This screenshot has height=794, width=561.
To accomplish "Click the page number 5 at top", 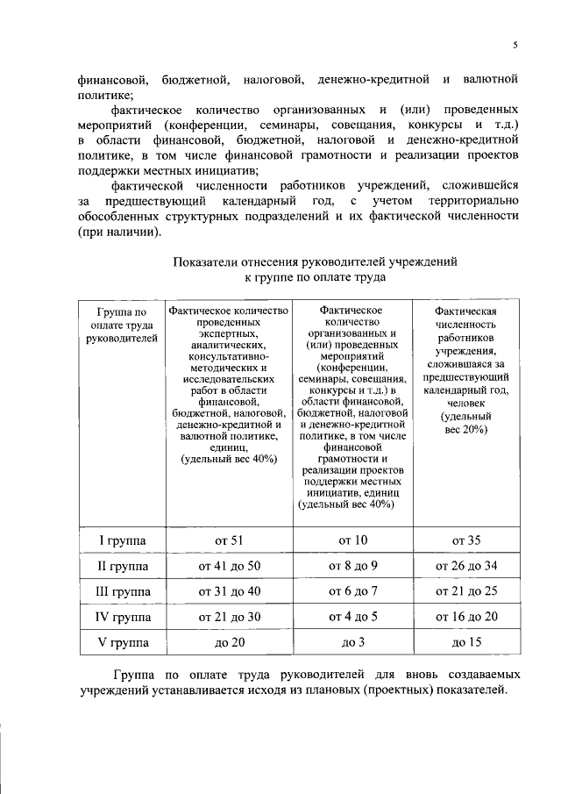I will click(516, 46).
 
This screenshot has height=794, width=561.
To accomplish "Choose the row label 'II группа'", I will click(123, 566).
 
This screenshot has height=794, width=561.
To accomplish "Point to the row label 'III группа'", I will click(123, 591).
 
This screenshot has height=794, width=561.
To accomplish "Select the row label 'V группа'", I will click(123, 643).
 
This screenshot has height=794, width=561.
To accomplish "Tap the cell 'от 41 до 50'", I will click(231, 566).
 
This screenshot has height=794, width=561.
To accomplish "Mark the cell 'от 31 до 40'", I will click(231, 591).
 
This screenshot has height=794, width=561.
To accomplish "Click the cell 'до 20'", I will click(231, 643).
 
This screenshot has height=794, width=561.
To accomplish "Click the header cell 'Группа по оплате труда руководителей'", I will click(123, 325).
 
